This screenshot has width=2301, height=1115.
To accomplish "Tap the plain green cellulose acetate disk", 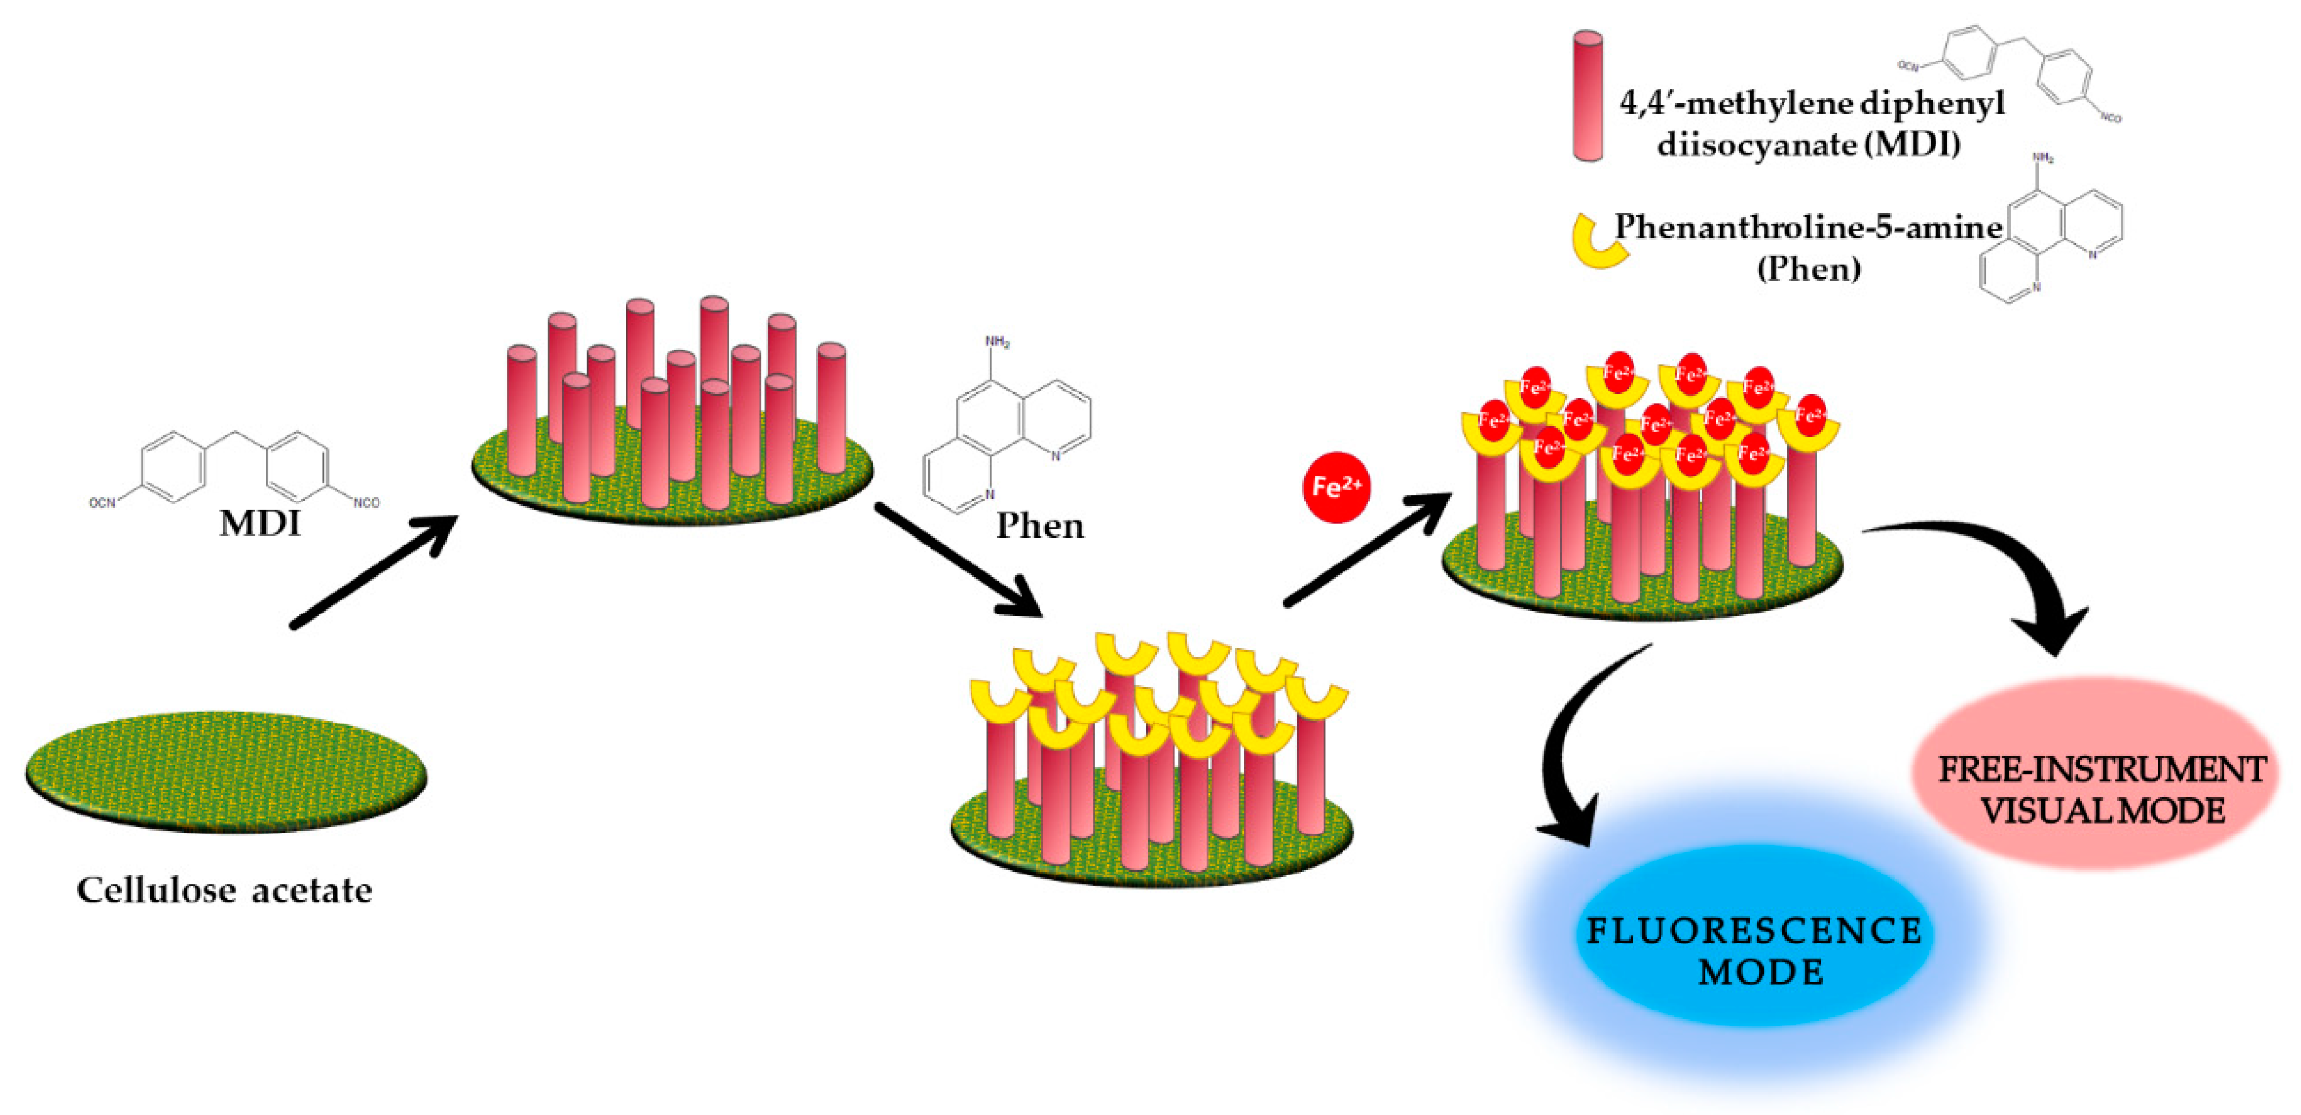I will click(226, 772).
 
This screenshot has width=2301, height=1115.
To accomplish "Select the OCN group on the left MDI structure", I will click(102, 503).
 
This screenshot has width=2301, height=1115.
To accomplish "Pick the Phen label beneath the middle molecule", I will click(1040, 525).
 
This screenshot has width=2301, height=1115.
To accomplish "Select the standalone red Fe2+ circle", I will click(1336, 487).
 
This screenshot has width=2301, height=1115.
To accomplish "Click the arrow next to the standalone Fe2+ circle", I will click(1367, 549).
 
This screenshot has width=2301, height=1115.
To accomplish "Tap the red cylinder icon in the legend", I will click(1588, 96).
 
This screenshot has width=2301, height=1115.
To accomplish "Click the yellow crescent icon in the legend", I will click(1599, 242).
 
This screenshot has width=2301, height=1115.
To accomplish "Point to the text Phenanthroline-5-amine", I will click(1808, 228).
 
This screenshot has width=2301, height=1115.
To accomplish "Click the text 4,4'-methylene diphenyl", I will click(1812, 103).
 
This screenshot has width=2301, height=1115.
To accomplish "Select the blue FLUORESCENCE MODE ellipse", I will click(1752, 950).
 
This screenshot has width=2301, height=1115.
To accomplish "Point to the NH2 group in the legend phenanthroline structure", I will click(2043, 158).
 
